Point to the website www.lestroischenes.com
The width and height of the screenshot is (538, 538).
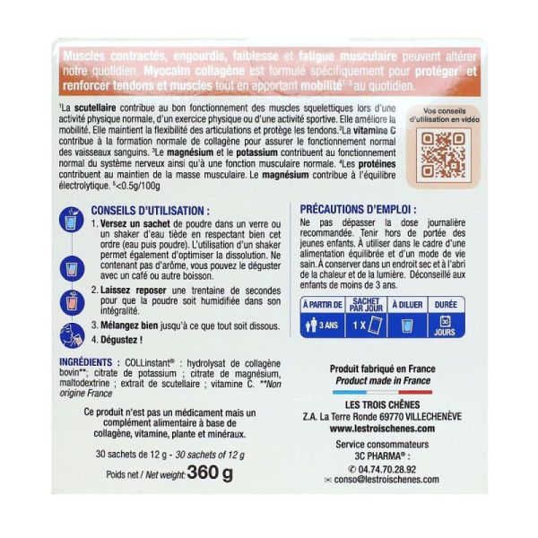click(x=376, y=429)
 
